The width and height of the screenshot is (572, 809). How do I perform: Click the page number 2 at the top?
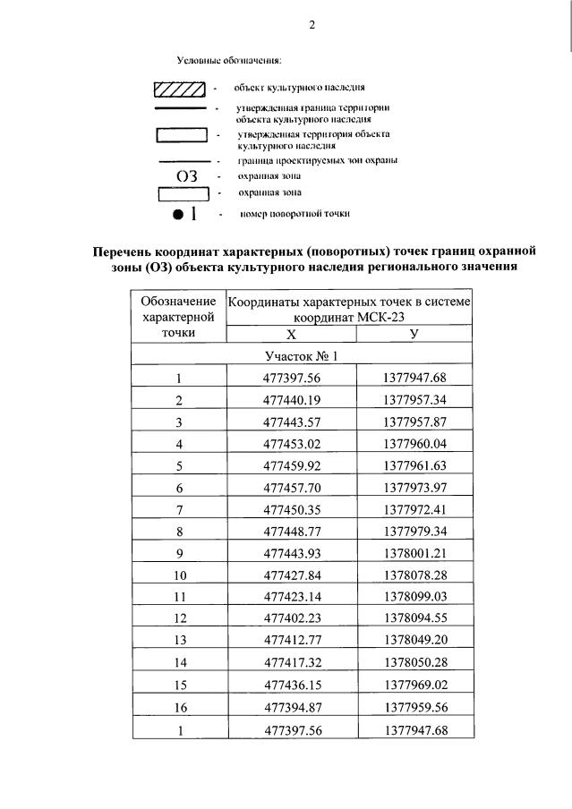coord(312,25)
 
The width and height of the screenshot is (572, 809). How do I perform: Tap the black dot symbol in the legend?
coord(178,215)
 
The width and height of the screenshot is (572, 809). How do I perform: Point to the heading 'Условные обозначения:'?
coord(228,61)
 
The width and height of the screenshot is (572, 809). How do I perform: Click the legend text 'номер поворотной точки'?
coord(295,215)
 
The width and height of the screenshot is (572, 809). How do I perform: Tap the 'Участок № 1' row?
coord(301,356)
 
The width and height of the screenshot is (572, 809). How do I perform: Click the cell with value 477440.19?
coord(291,399)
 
